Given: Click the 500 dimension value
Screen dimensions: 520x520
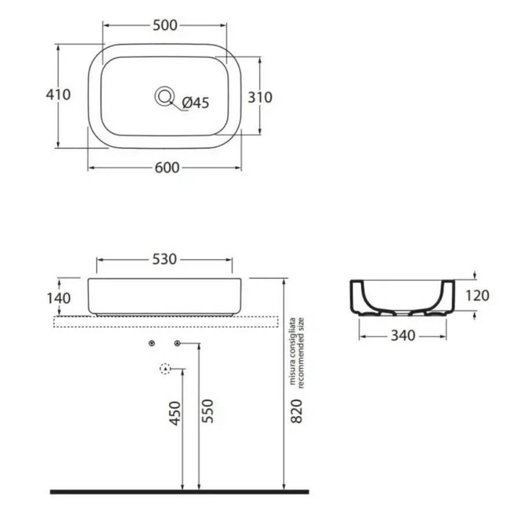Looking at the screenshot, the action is tap(165, 25).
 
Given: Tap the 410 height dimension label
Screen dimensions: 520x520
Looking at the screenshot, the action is tap(58, 95).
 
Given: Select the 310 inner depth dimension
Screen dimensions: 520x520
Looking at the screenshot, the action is tap(261, 98).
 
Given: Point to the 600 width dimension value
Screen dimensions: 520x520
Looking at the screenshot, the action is tap(167, 168).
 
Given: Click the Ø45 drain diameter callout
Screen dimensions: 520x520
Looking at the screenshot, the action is tap(196, 103).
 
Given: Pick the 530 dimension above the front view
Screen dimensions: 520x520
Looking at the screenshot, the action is tap(165, 259).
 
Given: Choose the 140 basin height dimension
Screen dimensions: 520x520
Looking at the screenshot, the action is tap(59, 299).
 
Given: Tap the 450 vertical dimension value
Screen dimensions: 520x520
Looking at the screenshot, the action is tap(176, 413).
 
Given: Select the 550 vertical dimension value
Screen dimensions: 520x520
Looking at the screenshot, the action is tap(208, 411).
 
